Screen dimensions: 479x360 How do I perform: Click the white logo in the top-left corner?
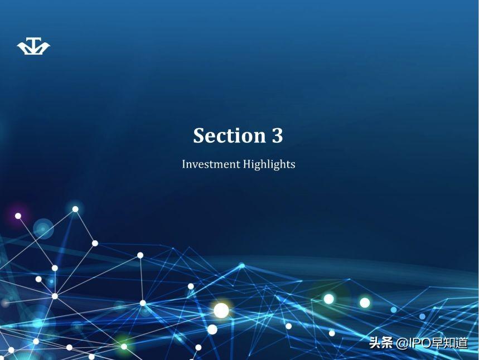33,46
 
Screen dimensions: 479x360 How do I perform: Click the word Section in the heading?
229,135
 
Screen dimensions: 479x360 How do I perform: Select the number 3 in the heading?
277,135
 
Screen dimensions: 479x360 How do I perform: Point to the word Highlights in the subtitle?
269,164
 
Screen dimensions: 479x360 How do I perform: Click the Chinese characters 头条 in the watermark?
381,343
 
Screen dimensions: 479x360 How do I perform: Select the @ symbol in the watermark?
402,343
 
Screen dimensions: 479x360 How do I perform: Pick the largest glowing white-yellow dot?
221,310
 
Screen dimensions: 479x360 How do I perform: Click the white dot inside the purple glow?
18,216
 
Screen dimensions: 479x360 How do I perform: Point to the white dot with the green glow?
124,347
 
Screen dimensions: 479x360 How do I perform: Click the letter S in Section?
199,135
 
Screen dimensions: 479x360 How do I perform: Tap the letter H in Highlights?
247,164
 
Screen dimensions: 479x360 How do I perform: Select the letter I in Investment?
184,164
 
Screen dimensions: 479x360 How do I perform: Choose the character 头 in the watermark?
375,343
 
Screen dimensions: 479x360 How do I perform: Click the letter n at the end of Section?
260,138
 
